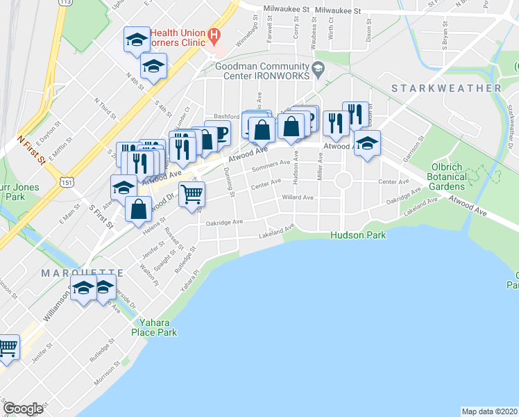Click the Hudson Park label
[x=359, y=236]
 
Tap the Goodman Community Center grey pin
[x=318, y=67]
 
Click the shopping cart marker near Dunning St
[x=192, y=193]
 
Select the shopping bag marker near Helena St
[x=139, y=207]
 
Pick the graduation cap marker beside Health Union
[x=136, y=39]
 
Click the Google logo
[x=23, y=409]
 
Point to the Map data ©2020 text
[x=488, y=411]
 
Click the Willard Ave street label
[x=298, y=197]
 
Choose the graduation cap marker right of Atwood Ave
[x=366, y=144]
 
